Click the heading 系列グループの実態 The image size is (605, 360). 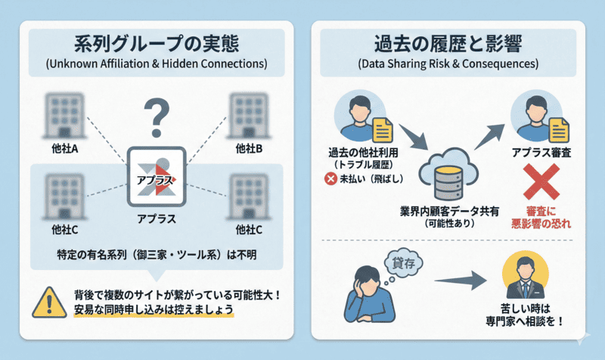[157, 43]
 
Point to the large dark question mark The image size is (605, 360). [157, 116]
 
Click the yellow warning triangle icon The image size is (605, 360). [47, 301]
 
